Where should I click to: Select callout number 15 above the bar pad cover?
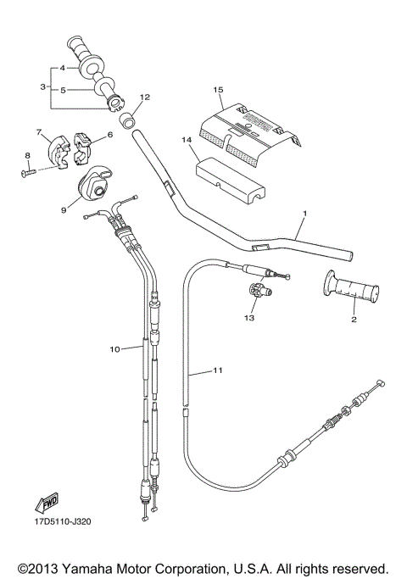[218, 89]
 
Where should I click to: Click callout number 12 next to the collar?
[145, 97]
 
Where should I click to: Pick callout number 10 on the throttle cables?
[114, 348]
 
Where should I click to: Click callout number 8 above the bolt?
[27, 154]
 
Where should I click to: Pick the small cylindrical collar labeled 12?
[128, 118]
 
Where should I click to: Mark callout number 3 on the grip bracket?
[42, 86]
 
